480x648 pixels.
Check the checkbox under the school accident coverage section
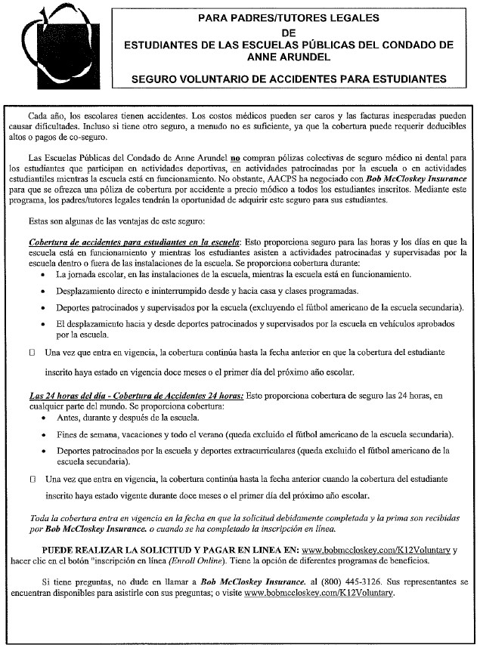[x=32, y=353]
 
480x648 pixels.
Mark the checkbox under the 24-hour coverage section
[x=32, y=479]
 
